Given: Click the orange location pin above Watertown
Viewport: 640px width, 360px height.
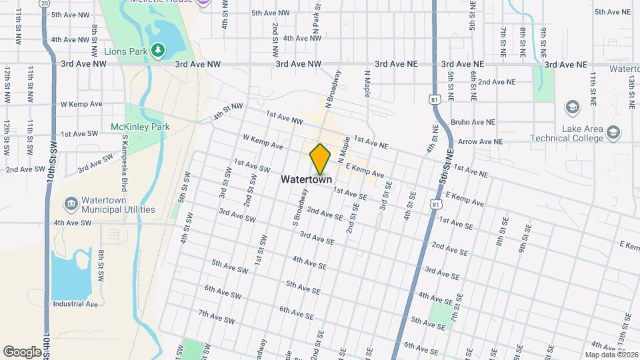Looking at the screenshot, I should pos(320,159).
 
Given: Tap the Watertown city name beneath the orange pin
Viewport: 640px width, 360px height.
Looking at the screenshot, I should pos(306,179).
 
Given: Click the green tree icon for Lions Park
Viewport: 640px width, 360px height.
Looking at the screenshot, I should pos(157,50).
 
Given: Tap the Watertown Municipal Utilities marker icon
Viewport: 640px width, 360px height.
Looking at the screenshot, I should pos(71,202).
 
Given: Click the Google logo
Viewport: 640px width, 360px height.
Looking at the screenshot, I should pos(22,351).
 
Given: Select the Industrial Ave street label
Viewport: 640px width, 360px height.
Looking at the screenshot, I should pos(75,304).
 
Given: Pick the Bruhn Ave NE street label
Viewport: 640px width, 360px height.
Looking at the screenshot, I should pos(473,122).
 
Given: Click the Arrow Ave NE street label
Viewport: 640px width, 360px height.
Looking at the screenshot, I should pos(480,141).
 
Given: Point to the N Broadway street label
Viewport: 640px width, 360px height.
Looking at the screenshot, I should pos(333,89).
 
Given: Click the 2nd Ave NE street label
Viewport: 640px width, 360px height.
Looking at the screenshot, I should pos(497,82).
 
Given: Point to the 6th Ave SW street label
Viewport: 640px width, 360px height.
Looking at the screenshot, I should pos(223,293).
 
